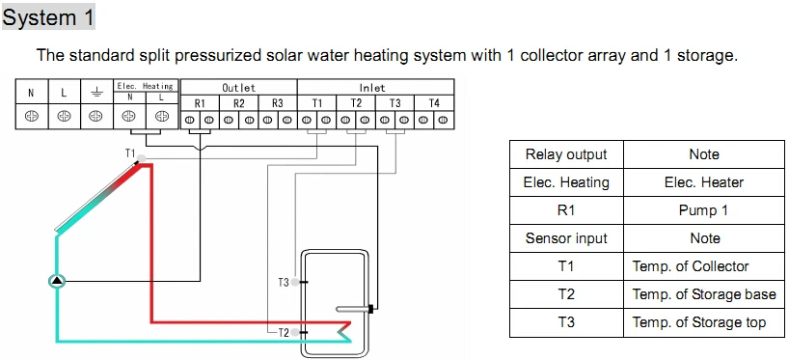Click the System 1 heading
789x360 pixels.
48,17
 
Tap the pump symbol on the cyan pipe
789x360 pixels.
57,281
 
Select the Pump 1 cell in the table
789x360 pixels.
703,210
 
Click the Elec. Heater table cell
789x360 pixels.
703,182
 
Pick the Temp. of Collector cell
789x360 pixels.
703,266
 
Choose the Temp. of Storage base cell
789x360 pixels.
703,294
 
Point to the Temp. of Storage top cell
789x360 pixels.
703,322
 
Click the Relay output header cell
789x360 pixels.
566,154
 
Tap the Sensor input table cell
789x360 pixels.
566,238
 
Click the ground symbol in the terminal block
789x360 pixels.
95,92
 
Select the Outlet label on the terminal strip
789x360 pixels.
238,88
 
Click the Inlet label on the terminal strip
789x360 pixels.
372,88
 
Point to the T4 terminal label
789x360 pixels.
434,103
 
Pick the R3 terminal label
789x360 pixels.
277,103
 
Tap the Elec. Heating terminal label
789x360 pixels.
145,86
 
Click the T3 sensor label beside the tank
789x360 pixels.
284,283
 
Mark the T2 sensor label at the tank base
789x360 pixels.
284,332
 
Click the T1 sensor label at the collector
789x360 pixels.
130,153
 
